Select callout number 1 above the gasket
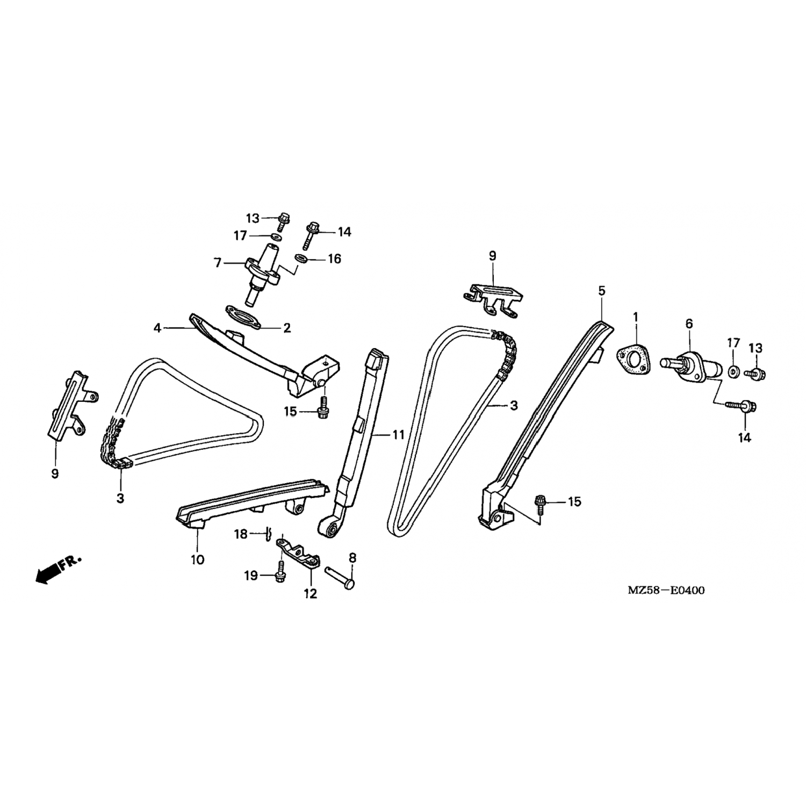pos(635,317)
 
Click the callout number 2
pos(287,328)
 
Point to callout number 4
pos(157,327)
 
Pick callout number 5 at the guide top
pos(601,291)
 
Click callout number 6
pos(689,323)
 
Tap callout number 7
pos(218,263)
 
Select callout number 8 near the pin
pos(352,557)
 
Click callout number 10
pos(197,559)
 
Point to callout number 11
pos(398,435)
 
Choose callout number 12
pos(311,593)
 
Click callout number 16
pos(334,259)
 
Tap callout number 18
pos(241,534)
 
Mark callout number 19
pos(251,576)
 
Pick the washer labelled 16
pos(301,259)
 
